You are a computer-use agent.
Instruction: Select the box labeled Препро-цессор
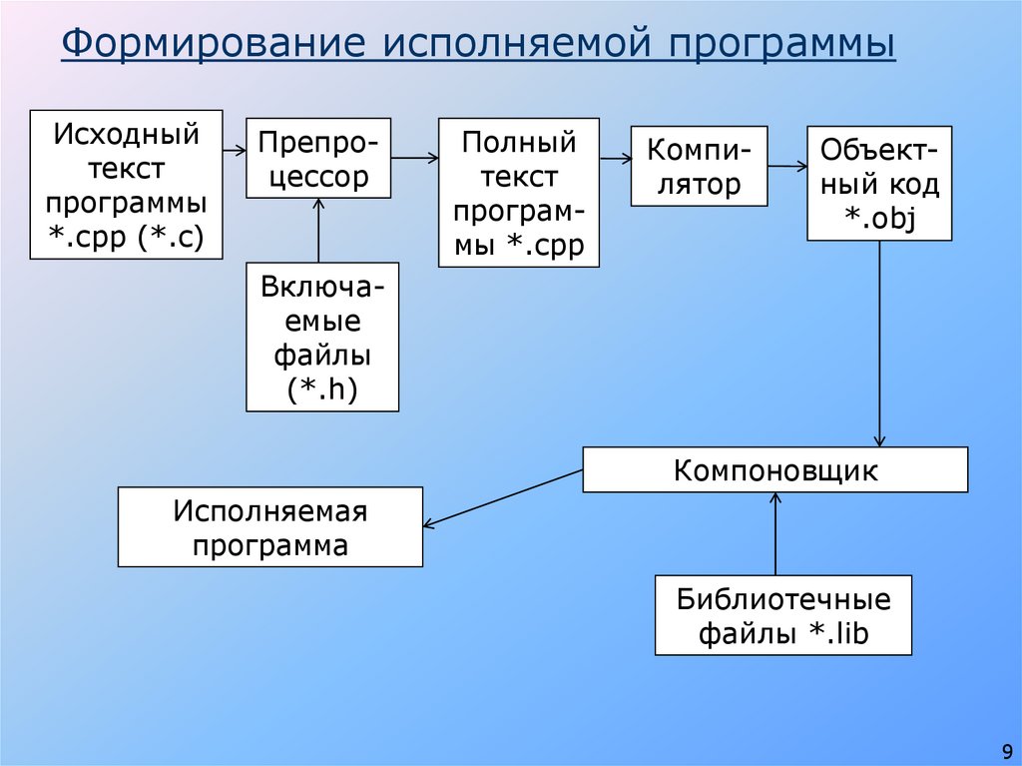(x=318, y=157)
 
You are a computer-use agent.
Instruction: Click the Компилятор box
(x=699, y=166)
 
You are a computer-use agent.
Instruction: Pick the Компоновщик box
(x=774, y=469)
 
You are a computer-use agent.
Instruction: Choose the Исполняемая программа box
(x=270, y=526)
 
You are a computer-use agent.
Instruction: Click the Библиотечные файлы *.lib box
(x=782, y=615)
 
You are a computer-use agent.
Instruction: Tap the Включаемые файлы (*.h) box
(x=322, y=337)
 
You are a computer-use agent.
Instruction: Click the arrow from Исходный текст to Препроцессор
(x=235, y=150)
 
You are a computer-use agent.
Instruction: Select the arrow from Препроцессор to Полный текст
(x=415, y=157)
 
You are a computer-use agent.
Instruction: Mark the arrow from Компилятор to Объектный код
(x=787, y=166)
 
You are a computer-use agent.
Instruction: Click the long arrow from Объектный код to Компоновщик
(x=879, y=345)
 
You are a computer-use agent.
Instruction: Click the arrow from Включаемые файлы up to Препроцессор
(x=318, y=229)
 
